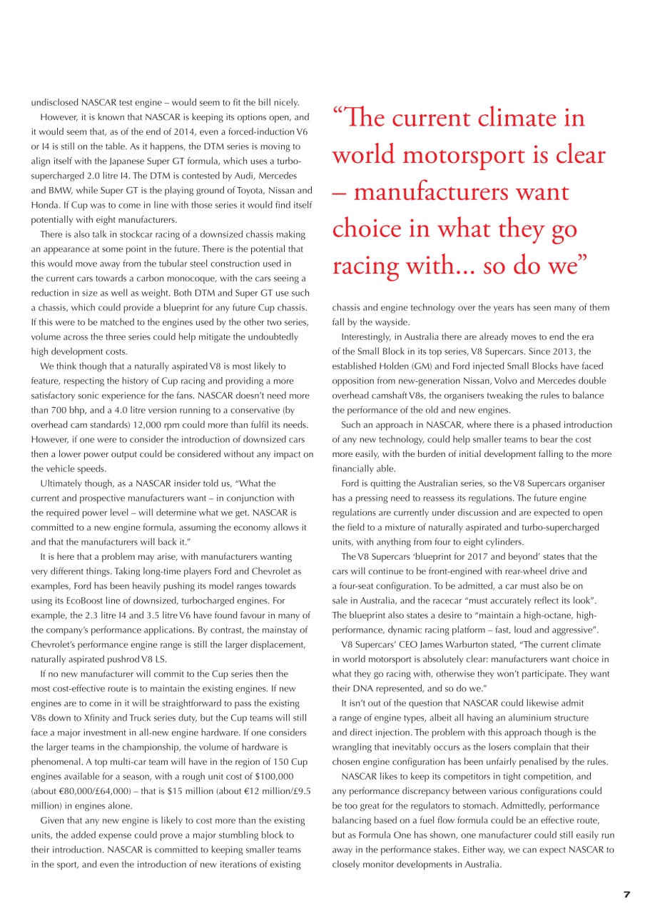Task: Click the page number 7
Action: [626, 894]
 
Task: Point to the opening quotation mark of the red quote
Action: [337, 114]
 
